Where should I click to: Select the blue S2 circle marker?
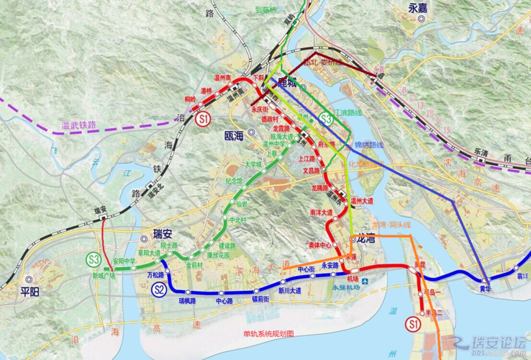click(x=160, y=290)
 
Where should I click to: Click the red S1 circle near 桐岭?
click(x=204, y=120)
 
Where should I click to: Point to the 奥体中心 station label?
click(x=319, y=245)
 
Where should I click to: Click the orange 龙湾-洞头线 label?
click(x=389, y=225)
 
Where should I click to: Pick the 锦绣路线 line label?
click(x=369, y=144)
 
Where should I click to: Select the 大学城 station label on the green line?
click(x=253, y=164)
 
